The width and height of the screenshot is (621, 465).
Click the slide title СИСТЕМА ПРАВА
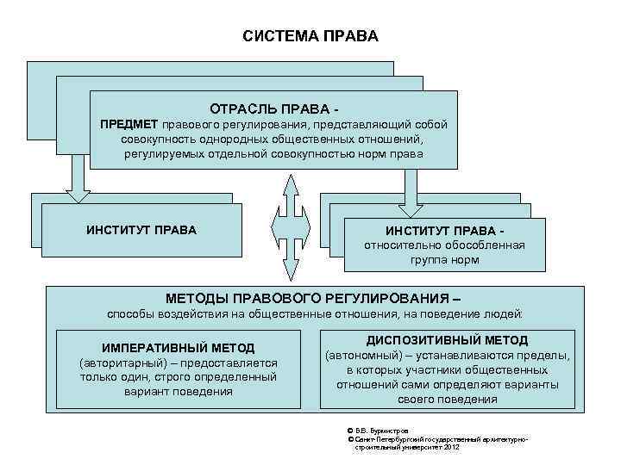click(x=310, y=38)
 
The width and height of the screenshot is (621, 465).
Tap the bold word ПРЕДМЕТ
click(x=129, y=124)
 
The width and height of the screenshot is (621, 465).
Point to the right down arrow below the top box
click(x=411, y=184)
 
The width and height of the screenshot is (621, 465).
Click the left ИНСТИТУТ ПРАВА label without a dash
click(x=141, y=230)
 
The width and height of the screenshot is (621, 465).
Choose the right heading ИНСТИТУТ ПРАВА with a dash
click(x=444, y=232)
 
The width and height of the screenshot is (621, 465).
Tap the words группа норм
click(x=444, y=259)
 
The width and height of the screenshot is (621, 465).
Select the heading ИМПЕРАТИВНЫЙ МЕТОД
click(x=179, y=348)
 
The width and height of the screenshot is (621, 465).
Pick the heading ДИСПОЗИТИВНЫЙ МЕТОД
click(x=447, y=341)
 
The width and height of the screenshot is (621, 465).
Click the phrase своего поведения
click(x=448, y=400)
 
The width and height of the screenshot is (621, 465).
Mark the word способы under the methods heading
click(x=131, y=314)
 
